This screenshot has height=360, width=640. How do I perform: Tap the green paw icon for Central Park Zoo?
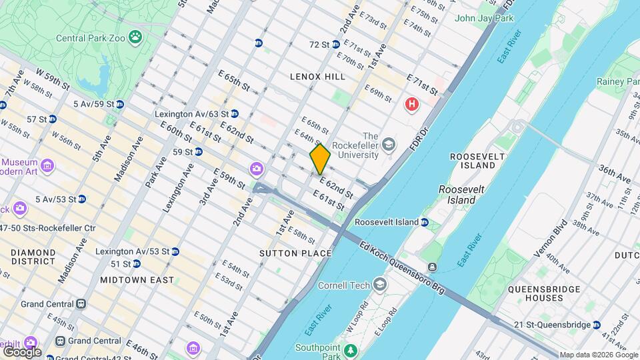136,37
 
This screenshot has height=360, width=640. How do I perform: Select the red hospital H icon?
413,105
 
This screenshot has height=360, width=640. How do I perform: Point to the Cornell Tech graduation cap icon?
379,285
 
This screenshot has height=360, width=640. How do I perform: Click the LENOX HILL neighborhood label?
317,77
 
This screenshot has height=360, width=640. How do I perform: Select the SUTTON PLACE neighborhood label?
295,253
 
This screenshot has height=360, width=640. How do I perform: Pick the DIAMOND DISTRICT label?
33,257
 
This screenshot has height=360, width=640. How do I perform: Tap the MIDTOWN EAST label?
137,280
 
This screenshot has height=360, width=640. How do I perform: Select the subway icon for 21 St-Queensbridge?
596,325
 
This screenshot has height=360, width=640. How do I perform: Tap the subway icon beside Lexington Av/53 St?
175,251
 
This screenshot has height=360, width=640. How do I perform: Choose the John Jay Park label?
484,18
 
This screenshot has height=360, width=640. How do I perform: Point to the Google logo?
21,351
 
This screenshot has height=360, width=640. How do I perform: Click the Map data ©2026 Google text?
598,355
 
